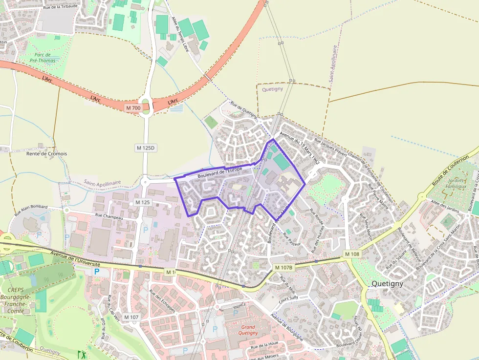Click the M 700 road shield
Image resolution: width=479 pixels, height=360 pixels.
pyautogui.click(x=132, y=107)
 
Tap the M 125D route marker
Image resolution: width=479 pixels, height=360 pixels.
pyautogui.click(x=145, y=148)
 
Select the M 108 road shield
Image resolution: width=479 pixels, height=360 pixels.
pyautogui.click(x=351, y=254)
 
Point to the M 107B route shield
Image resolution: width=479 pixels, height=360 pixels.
pyautogui.click(x=283, y=267)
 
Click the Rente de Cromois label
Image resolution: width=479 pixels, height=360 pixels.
pyautogui.click(x=46, y=153)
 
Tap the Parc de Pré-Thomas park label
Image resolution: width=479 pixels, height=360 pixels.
pyautogui.click(x=43, y=58)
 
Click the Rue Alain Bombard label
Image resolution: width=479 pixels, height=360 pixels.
pyautogui.click(x=31, y=210)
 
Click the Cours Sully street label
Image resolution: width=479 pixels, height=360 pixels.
pyautogui.click(x=288, y=299)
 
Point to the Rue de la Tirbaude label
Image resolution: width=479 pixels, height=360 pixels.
pyautogui.click(x=61, y=6)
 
